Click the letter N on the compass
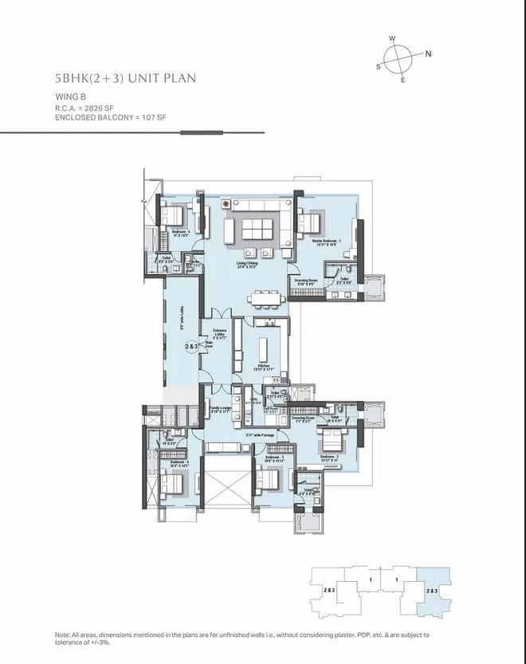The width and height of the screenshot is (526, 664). point(428,54)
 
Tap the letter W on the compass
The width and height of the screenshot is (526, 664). point(392,38)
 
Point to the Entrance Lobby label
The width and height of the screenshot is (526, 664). point(220,333)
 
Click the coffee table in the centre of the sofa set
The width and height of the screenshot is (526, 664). point(257,229)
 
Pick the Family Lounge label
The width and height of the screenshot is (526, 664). point(220,409)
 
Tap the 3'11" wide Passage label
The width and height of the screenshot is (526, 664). point(260,434)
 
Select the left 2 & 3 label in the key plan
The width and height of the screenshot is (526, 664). point(328,590)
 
